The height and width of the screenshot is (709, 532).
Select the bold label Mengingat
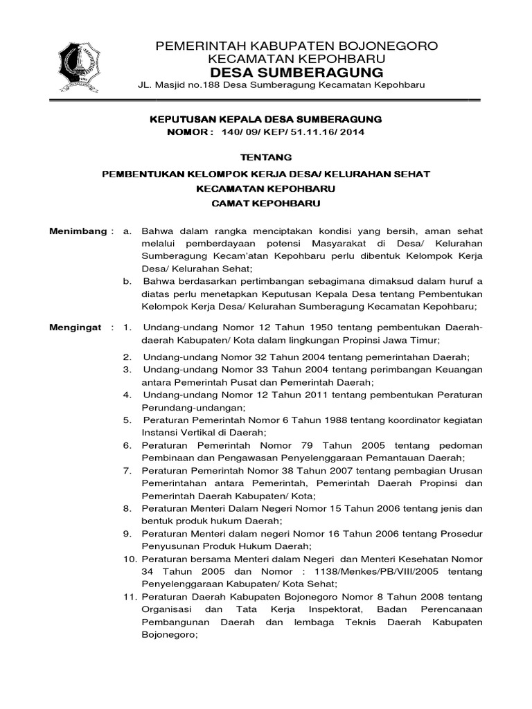(76, 327)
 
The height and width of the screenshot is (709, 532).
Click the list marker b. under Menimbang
(127, 281)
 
